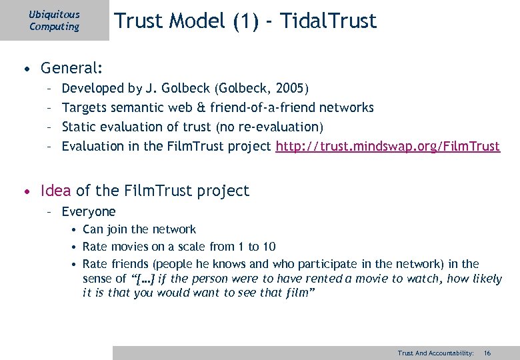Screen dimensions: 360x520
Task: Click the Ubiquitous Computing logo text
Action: (x=54, y=21)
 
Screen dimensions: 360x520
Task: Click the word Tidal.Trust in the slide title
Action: (x=329, y=21)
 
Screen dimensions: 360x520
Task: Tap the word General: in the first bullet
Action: (x=71, y=67)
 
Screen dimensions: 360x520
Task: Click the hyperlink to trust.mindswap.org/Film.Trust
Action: (x=387, y=146)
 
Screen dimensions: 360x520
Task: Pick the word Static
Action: (x=79, y=127)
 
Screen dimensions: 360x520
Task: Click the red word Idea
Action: (x=56, y=191)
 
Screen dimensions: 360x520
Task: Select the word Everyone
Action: (x=89, y=212)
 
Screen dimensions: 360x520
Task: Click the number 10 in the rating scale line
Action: (x=269, y=247)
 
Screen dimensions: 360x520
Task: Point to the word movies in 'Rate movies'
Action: (x=131, y=247)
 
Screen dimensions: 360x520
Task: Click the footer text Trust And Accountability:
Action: (x=435, y=353)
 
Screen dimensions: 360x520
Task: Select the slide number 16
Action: (x=487, y=353)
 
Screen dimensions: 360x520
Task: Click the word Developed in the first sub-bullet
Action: (x=93, y=88)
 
